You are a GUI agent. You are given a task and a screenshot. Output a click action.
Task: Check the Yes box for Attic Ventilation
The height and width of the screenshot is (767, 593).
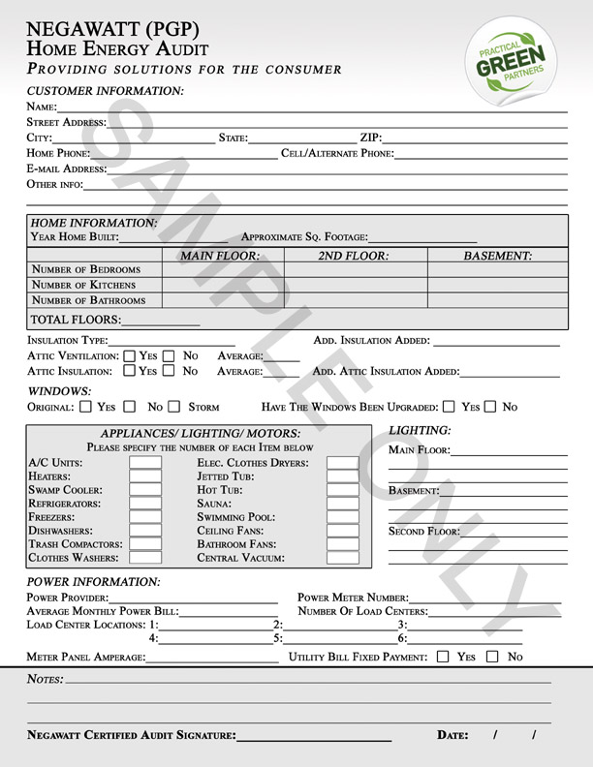point(131,355)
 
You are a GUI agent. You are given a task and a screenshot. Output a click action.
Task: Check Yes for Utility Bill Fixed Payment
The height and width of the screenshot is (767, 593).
point(443,657)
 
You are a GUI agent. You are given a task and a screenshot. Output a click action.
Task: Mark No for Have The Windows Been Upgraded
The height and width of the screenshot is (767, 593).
point(490,408)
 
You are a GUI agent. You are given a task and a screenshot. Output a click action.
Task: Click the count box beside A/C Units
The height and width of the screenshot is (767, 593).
point(145,463)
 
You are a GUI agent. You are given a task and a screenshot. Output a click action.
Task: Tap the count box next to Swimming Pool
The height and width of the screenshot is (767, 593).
point(342,517)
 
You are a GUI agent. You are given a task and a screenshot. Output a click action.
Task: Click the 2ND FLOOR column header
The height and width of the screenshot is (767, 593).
point(354,256)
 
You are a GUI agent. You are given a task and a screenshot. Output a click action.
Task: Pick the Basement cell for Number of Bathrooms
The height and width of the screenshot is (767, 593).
point(497,300)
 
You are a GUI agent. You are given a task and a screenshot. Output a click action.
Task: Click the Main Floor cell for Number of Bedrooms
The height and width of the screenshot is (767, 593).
point(222,269)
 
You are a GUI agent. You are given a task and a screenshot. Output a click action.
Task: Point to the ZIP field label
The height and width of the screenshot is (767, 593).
point(371,138)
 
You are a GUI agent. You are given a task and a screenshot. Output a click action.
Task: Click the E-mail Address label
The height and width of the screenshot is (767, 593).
point(67,169)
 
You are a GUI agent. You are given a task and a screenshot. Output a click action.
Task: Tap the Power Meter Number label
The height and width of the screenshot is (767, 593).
point(353,598)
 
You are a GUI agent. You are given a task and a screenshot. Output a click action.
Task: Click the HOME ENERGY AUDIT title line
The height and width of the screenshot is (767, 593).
point(117,48)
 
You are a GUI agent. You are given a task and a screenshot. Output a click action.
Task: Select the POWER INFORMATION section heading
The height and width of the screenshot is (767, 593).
point(93,582)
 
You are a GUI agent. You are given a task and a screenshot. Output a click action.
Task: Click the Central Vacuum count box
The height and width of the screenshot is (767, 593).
point(342,558)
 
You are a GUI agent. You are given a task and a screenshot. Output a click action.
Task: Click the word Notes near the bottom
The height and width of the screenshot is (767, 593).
point(45,681)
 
